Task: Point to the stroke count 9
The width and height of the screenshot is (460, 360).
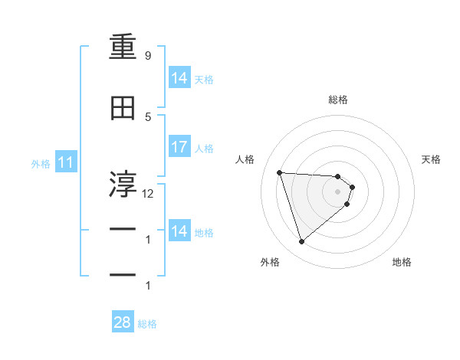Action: coord(147,56)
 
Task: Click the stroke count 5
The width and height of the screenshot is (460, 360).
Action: coord(147,116)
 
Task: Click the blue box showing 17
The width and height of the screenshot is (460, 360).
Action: coord(179,147)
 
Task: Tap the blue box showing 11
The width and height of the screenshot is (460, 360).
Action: coord(65,162)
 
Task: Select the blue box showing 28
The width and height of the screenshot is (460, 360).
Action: coord(123,322)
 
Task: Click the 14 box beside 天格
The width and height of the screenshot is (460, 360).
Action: coord(179,78)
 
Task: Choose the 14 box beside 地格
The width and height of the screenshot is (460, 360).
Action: coord(179,231)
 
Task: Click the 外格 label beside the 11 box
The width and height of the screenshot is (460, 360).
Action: coord(40,163)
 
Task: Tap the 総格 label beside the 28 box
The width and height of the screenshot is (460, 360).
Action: coord(147,323)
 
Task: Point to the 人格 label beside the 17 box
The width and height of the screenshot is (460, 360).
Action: coord(204,148)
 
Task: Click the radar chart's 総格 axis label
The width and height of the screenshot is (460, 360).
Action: coord(338,100)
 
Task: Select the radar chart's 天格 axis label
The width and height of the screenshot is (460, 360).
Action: coord(431,159)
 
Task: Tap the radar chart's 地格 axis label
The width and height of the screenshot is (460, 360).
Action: coord(402,262)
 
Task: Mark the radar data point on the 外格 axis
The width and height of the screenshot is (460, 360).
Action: coord(301,242)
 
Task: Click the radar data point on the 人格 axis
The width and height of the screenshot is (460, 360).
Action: coord(280,172)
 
